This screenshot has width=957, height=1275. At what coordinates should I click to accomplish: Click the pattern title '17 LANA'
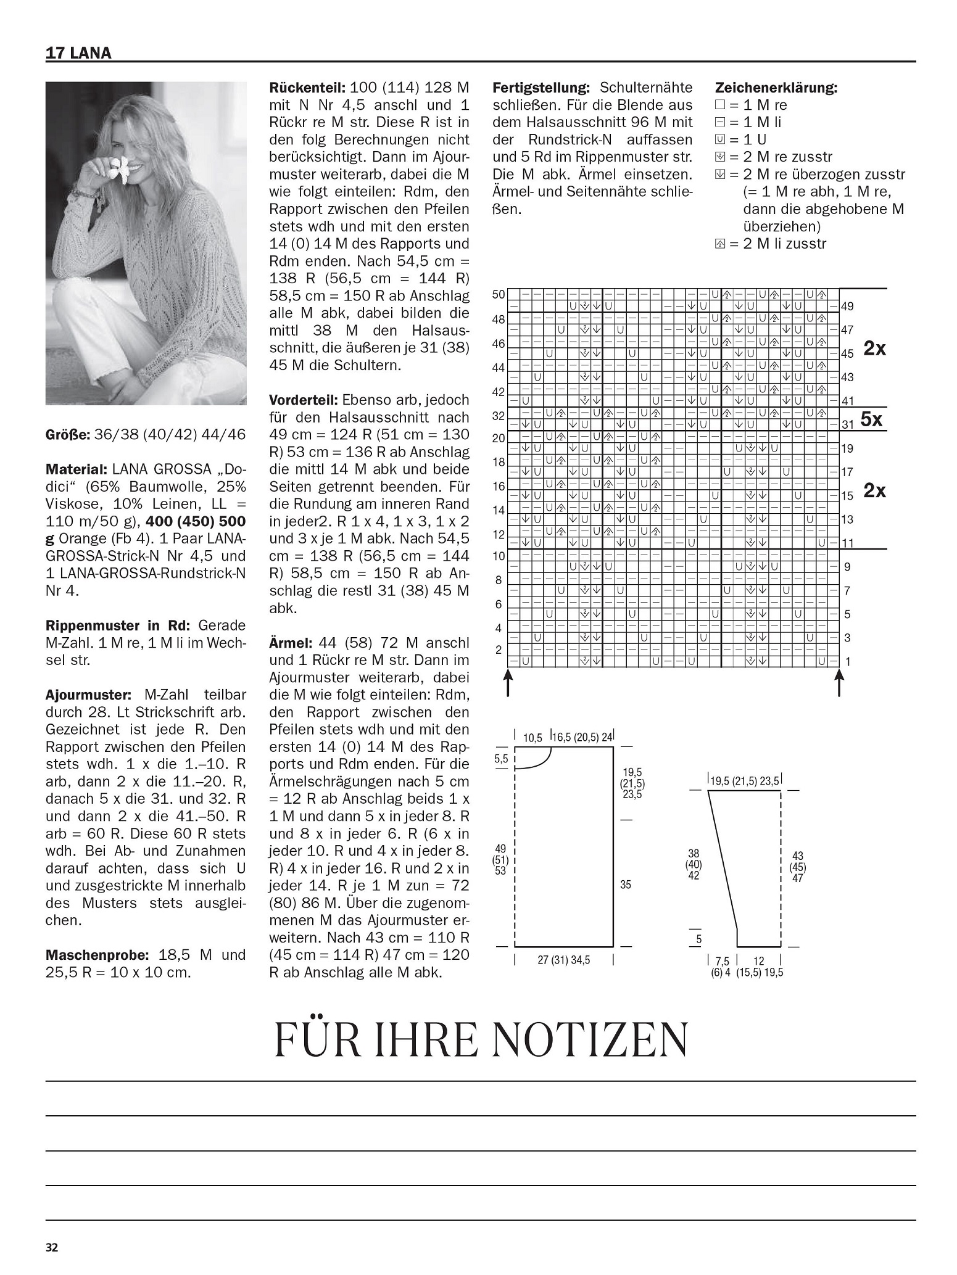coord(78,53)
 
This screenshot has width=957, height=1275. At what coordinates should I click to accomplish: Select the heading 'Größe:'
coord(68,434)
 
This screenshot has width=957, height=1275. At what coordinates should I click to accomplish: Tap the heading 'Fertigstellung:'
coord(541,88)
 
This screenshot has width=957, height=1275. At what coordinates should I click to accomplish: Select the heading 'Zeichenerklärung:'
coord(776,88)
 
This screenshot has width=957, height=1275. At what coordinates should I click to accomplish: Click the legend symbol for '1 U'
coord(719,139)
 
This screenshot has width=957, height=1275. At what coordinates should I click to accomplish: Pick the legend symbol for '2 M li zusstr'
coord(719,244)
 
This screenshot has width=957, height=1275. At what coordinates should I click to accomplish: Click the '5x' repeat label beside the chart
coord(872,420)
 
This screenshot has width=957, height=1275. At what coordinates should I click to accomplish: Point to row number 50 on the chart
coord(499,295)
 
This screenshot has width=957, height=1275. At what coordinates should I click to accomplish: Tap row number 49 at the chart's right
coord(848,307)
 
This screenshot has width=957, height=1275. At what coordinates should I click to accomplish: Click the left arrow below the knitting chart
coord(508,683)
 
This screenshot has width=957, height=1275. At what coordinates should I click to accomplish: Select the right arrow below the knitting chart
coord(839,683)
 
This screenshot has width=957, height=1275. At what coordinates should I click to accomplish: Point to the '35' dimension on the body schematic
coord(626,885)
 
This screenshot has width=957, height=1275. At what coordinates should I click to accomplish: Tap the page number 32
coord(52,1247)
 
